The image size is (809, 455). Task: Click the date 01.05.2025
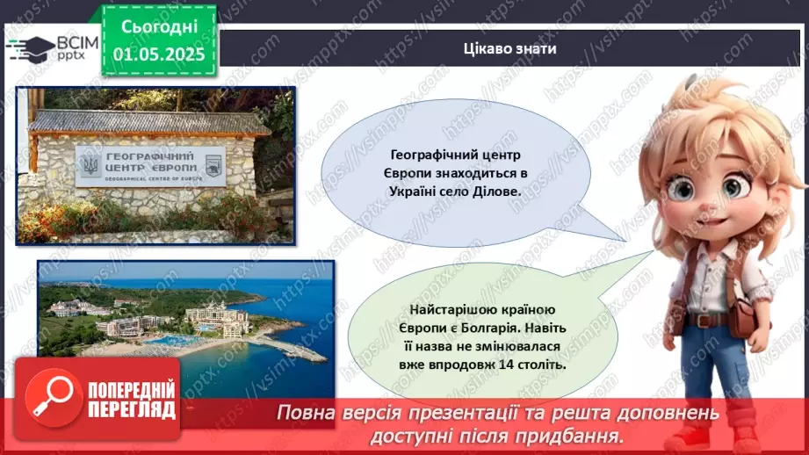(159, 54)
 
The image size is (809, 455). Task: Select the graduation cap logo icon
(30, 48)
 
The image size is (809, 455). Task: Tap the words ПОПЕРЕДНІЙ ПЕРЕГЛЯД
(132, 400)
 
